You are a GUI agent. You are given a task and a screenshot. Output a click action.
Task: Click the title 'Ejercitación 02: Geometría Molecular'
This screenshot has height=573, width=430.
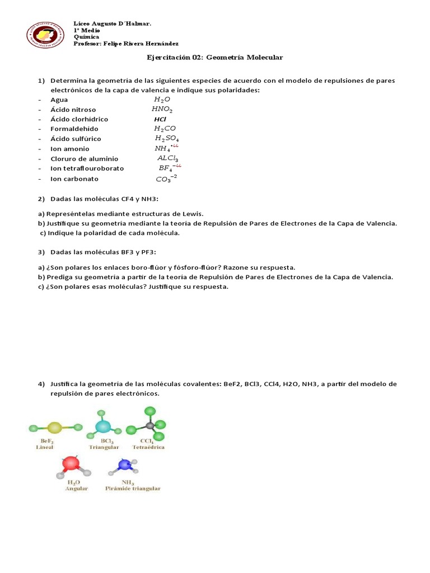[x=215, y=58]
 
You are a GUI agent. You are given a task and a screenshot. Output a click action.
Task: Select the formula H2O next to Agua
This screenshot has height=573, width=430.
[x=162, y=100]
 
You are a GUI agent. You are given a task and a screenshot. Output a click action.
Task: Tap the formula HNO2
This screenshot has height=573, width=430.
[x=162, y=110]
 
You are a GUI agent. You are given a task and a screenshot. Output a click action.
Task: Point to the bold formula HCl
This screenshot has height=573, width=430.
[x=161, y=119]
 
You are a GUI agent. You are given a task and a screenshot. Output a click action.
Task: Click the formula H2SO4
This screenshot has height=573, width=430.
[x=167, y=139]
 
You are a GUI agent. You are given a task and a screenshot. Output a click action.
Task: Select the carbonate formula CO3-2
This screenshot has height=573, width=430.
[x=166, y=179]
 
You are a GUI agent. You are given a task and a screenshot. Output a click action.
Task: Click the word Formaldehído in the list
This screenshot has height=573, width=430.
[x=74, y=129]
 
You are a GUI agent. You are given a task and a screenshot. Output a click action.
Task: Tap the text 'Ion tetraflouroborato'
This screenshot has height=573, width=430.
[x=87, y=168]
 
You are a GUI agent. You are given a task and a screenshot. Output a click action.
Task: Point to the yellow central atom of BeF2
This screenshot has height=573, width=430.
[x=54, y=428]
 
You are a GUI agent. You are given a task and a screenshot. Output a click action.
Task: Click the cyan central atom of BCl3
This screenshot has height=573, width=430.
[x=103, y=427]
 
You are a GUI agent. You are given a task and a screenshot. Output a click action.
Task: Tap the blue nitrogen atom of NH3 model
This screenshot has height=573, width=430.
[x=124, y=466]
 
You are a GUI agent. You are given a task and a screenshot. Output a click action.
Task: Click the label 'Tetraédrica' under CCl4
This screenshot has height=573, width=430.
[x=148, y=448]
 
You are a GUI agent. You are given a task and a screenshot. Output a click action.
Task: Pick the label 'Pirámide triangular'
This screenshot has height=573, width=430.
[x=133, y=488]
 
